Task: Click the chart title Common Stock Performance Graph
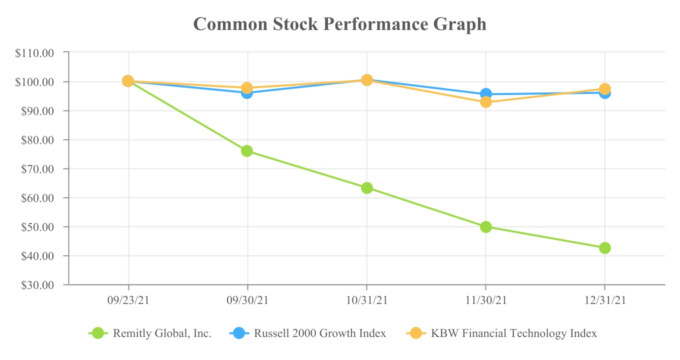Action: (339, 24)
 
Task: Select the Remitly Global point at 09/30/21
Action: (247, 151)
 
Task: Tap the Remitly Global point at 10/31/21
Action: (367, 188)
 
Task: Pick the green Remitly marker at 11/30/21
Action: (486, 227)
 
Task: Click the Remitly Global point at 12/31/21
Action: (605, 248)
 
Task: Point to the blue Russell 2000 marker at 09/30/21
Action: (247, 93)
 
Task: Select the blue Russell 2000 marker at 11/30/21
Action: (486, 93)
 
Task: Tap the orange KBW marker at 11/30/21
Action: (486, 102)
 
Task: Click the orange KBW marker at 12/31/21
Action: (605, 89)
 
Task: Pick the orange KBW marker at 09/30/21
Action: (247, 88)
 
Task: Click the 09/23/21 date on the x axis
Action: (128, 300)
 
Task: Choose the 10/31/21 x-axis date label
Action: (367, 300)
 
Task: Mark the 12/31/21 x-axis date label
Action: (605, 300)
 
